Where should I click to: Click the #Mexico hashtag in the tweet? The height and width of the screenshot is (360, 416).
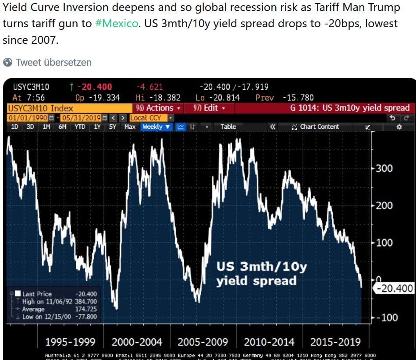tap(116, 23)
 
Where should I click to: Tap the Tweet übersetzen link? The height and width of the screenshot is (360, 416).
tap(53, 62)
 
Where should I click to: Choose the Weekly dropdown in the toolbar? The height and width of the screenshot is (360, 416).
tap(156, 127)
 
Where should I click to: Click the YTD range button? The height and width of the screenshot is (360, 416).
tap(80, 127)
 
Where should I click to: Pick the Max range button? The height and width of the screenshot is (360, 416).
tap(130, 127)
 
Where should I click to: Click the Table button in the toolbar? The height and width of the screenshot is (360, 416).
tap(228, 127)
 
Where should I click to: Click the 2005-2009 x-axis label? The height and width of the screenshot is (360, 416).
tap(203, 342)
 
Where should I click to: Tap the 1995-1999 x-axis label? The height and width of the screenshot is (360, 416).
tap(70, 342)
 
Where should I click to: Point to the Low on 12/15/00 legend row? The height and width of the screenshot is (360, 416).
tap(54, 317)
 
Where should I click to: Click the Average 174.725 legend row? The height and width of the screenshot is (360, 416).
tap(54, 309)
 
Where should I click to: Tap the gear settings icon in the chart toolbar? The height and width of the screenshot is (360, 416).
tap(399, 127)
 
